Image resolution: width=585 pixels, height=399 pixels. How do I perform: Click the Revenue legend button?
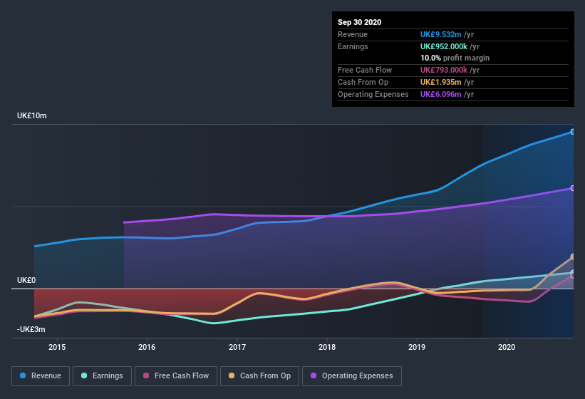click(41, 375)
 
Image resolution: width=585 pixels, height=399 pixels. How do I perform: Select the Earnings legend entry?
click(102, 375)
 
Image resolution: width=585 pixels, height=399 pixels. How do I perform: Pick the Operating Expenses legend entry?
click(351, 375)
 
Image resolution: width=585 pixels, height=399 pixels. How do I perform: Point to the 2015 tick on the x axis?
click(57, 347)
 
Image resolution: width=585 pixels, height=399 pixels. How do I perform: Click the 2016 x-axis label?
click(147, 347)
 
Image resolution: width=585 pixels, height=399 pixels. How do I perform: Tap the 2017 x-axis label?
click(237, 347)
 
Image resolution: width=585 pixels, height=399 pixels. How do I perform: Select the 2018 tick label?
click(327, 347)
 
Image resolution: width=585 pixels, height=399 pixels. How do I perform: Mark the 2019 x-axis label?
click(417, 347)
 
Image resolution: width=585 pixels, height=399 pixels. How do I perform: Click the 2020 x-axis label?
click(507, 347)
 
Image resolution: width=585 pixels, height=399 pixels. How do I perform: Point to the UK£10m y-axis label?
click(32, 115)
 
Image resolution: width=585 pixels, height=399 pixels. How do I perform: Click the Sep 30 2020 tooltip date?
click(359, 22)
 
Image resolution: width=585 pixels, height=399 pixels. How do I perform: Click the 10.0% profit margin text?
click(455, 58)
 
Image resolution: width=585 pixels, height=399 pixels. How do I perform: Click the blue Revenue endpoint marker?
click(572, 132)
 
